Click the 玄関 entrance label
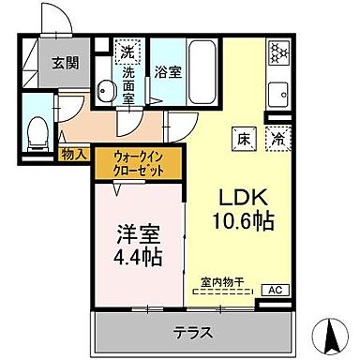pyautogui.click(x=65, y=63)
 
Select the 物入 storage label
pyautogui.click(x=75, y=154)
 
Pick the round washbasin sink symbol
pyautogui.click(x=107, y=92)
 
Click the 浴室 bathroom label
pyautogui.click(x=167, y=69)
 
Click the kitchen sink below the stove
pyautogui.click(x=279, y=96)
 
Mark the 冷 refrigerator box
pyautogui.click(x=278, y=136)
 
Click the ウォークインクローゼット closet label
pyautogui.click(x=139, y=164)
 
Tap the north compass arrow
pyautogui.click(x=330, y=332)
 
